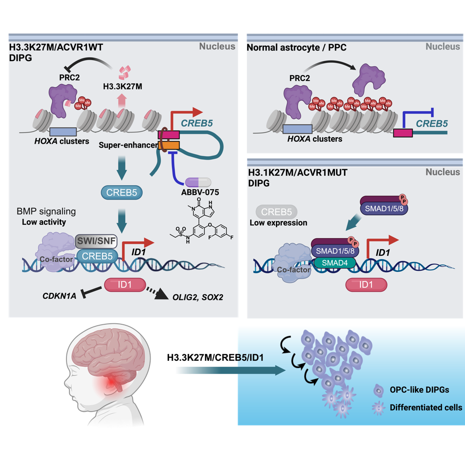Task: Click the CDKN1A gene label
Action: click(x=58, y=296)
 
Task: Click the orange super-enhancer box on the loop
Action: click(x=165, y=145)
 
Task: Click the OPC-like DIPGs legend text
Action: click(x=416, y=389)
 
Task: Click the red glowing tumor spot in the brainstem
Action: click(x=114, y=384)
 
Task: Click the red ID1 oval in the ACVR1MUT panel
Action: click(x=366, y=284)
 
